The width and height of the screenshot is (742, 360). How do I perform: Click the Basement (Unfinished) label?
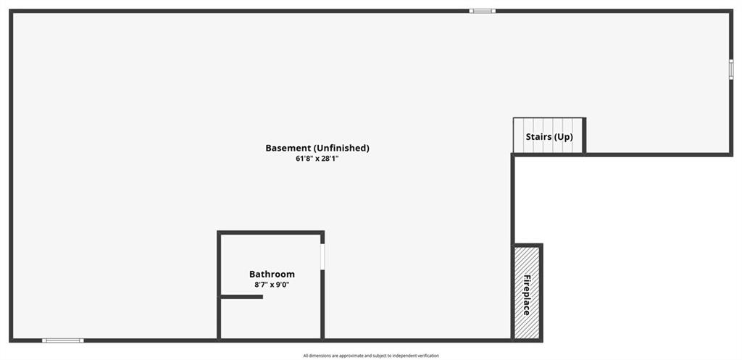click(x=317, y=148)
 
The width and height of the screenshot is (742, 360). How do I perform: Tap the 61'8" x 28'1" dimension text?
click(x=317, y=158)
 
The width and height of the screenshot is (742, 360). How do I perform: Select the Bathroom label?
click(x=272, y=275)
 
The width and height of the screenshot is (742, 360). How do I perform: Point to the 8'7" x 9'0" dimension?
click(x=272, y=285)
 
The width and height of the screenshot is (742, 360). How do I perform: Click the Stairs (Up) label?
click(x=549, y=136)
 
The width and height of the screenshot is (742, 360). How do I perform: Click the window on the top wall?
click(x=482, y=11)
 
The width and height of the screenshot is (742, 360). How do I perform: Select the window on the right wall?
click(x=730, y=69)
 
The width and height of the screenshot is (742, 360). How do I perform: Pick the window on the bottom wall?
click(x=62, y=340)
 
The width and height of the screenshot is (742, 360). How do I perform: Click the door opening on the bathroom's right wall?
click(x=322, y=256)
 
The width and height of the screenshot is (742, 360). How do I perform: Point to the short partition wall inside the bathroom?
click(x=241, y=296)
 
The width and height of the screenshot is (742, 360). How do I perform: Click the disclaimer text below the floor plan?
click(x=371, y=355)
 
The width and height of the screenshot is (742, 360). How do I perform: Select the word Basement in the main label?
click(x=288, y=148)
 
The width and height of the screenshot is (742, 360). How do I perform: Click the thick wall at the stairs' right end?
click(x=584, y=135)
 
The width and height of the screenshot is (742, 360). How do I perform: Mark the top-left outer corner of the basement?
click(x=11, y=11)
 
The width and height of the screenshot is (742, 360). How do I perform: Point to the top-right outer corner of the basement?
click(x=731, y=11)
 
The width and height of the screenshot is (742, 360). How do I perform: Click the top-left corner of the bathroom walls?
click(x=219, y=233)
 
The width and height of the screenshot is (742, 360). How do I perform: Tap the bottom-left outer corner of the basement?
click(x=11, y=340)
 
